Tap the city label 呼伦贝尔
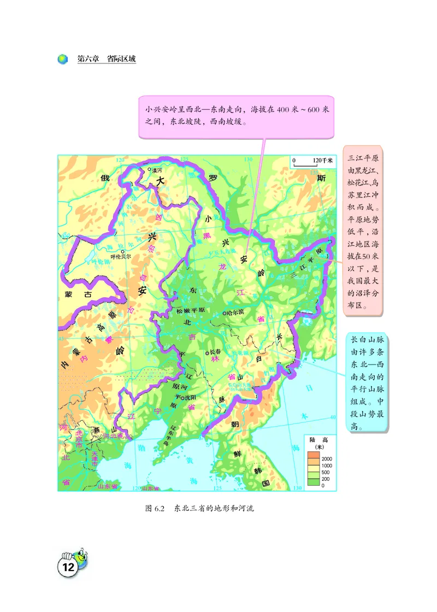tap(120, 257)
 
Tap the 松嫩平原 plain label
tap(190, 310)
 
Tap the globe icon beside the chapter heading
tap(63, 59)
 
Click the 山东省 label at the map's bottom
tap(107, 486)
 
